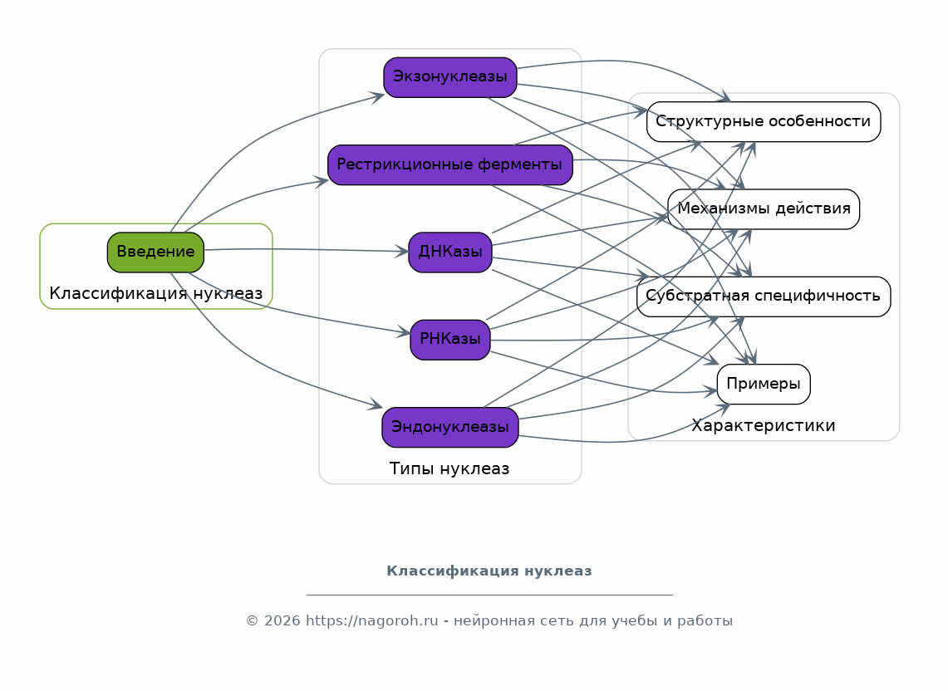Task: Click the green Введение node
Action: (155, 252)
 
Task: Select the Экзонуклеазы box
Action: (449, 77)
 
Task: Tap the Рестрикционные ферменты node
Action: (449, 164)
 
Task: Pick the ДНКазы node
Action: (449, 252)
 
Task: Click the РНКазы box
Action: (449, 340)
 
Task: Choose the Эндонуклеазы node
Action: (449, 427)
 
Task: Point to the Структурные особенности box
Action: (764, 121)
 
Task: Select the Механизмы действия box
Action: (764, 209)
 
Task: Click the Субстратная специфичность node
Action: (764, 296)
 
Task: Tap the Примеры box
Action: (764, 384)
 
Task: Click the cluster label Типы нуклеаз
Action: (449, 468)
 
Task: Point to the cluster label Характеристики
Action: (764, 425)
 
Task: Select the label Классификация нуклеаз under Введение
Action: (155, 294)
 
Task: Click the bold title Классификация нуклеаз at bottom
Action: (489, 571)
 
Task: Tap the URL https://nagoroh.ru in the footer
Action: (372, 621)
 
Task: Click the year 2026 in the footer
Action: (282, 621)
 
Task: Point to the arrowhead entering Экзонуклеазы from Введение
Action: (378, 96)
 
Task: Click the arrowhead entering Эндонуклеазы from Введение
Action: (376, 405)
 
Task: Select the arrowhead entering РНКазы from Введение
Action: (404, 331)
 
